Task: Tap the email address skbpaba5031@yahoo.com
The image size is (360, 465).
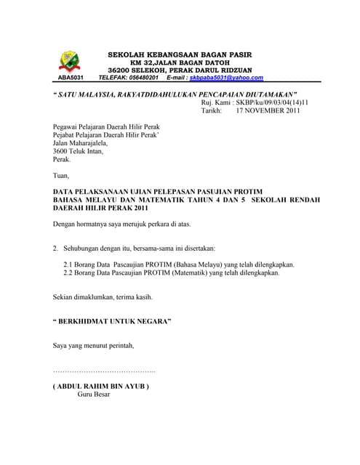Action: pyautogui.click(x=226, y=77)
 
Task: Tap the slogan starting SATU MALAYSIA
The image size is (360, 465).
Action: pyautogui.click(x=177, y=94)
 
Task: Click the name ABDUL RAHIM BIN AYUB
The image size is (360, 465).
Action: pyautogui.click(x=102, y=387)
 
